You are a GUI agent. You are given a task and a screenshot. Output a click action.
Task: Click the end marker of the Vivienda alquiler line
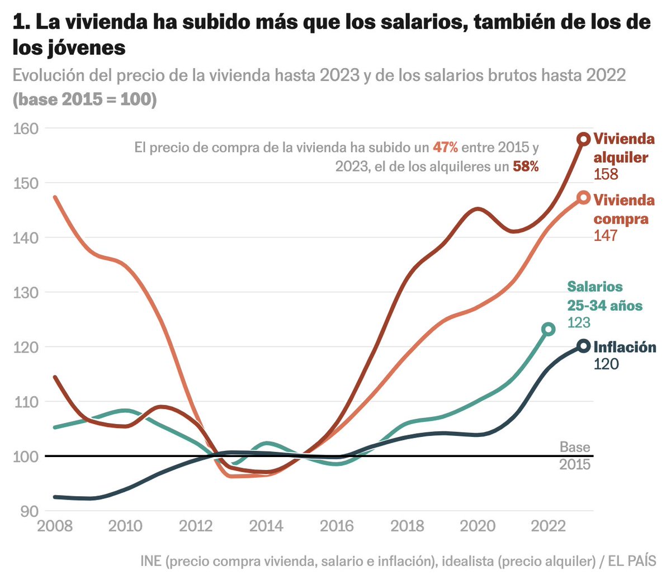tap(583, 139)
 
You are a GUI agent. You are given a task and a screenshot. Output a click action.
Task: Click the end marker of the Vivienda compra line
tap(583, 198)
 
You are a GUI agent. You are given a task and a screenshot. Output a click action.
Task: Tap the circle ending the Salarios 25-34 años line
tap(549, 329)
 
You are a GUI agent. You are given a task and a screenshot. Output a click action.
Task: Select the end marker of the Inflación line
tap(583, 346)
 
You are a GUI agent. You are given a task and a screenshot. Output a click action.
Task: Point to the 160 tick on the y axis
tap(26, 129)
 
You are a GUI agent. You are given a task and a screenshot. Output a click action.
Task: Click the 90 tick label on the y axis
tap(29, 511)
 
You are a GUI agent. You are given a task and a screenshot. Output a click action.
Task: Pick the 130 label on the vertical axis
tap(26, 292)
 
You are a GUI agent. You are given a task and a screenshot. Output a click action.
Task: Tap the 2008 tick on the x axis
tap(55, 526)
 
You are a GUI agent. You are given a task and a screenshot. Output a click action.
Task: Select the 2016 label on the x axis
tap(337, 526)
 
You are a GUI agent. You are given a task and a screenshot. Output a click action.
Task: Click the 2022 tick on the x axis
tap(548, 526)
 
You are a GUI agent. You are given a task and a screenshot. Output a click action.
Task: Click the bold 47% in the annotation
tap(445, 148)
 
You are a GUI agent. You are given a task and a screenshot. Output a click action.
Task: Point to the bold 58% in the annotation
tap(526, 167)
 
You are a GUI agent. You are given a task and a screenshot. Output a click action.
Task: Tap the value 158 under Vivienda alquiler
tap(606, 174)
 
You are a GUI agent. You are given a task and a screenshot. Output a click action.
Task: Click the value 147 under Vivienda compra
tap(606, 236)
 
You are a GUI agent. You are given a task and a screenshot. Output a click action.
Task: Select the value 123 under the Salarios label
tap(579, 323)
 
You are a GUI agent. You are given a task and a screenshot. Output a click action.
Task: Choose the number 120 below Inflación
tap(606, 364)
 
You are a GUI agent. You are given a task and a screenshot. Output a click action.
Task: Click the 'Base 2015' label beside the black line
tap(575, 455)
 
